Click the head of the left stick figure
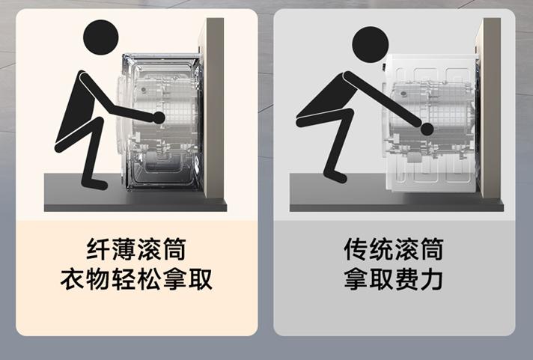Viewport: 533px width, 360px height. coord(101,39)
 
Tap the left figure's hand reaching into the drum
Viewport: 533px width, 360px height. coord(158,118)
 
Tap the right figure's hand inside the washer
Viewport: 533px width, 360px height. coord(427,129)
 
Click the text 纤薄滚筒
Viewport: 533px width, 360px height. coord(136,249)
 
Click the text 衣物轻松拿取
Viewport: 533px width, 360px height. coord(136,278)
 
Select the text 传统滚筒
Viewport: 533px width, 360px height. coord(394,249)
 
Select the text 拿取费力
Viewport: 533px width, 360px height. coord(394,278)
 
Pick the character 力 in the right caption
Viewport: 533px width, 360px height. coord(432,278)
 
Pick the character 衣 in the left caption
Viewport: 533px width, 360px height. coord(73,278)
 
